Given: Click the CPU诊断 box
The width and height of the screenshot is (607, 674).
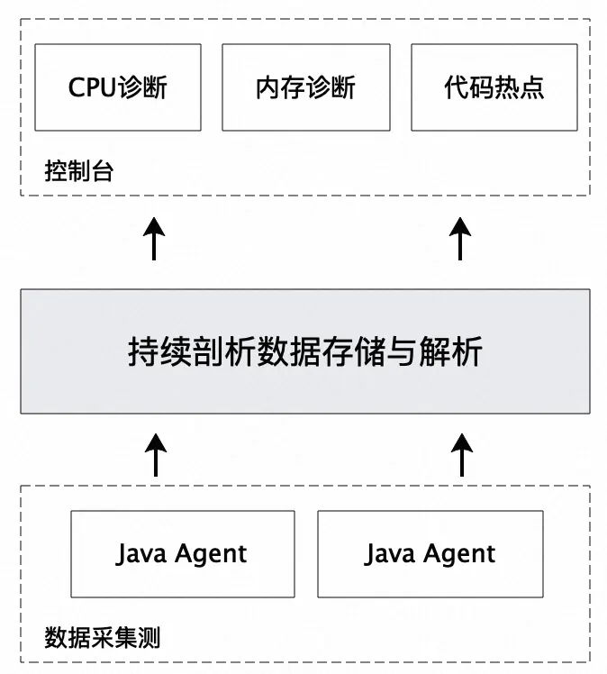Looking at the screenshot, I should [x=118, y=87].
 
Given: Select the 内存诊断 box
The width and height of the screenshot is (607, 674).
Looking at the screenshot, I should [x=305, y=87].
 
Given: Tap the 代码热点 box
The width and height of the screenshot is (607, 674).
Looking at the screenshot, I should [x=494, y=87].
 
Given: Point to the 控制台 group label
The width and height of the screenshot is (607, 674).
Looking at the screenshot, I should [x=79, y=171].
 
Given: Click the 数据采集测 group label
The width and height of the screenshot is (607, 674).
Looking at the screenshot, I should [x=102, y=639].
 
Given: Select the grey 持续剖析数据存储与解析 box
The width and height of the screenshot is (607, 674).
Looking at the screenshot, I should [x=305, y=351].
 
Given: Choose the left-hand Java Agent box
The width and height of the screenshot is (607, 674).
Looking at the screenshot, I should [x=182, y=553].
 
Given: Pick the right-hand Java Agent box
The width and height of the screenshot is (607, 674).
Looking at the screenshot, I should [x=430, y=553].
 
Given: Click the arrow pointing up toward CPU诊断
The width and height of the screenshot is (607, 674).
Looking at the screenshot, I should [x=156, y=238].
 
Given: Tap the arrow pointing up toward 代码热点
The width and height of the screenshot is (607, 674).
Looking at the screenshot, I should [x=461, y=238].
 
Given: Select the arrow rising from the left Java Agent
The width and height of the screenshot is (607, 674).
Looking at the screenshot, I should [x=156, y=454].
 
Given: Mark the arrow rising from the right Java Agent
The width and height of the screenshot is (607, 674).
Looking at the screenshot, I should [x=461, y=454].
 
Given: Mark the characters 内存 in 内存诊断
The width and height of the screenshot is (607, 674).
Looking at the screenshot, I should [x=280, y=87].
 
